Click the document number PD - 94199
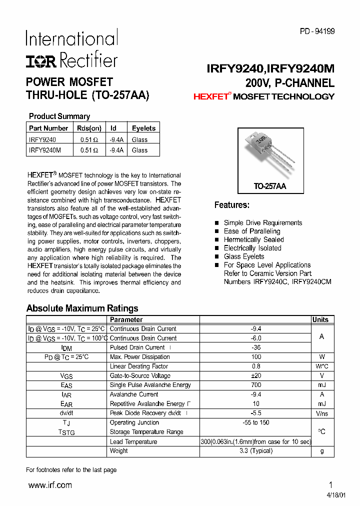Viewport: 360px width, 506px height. tap(317, 31)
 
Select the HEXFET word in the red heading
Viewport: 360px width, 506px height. tap(210, 97)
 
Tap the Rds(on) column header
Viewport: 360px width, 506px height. tap(89, 128)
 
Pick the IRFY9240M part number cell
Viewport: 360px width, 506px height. tap(45, 150)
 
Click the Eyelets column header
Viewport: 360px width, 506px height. tap(143, 128)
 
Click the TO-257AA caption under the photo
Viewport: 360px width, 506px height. tap(269, 186)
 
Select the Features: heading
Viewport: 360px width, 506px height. tap(231, 205)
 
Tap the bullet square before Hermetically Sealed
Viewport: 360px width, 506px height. tap(217, 240)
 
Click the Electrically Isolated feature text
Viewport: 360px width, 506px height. tap(252, 248)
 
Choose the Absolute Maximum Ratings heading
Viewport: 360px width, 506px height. tap(82, 308)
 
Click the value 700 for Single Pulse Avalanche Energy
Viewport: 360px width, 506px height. tap(255, 385)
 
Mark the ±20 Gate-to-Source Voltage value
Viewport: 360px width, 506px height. tap(255, 375)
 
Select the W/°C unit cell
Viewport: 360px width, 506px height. tap(321, 366)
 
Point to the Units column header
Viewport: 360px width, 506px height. tap(320, 319)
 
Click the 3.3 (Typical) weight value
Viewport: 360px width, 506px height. tap(255, 450)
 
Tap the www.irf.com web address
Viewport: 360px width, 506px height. tap(50, 485)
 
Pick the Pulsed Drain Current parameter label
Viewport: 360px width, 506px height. tap(137, 347)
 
